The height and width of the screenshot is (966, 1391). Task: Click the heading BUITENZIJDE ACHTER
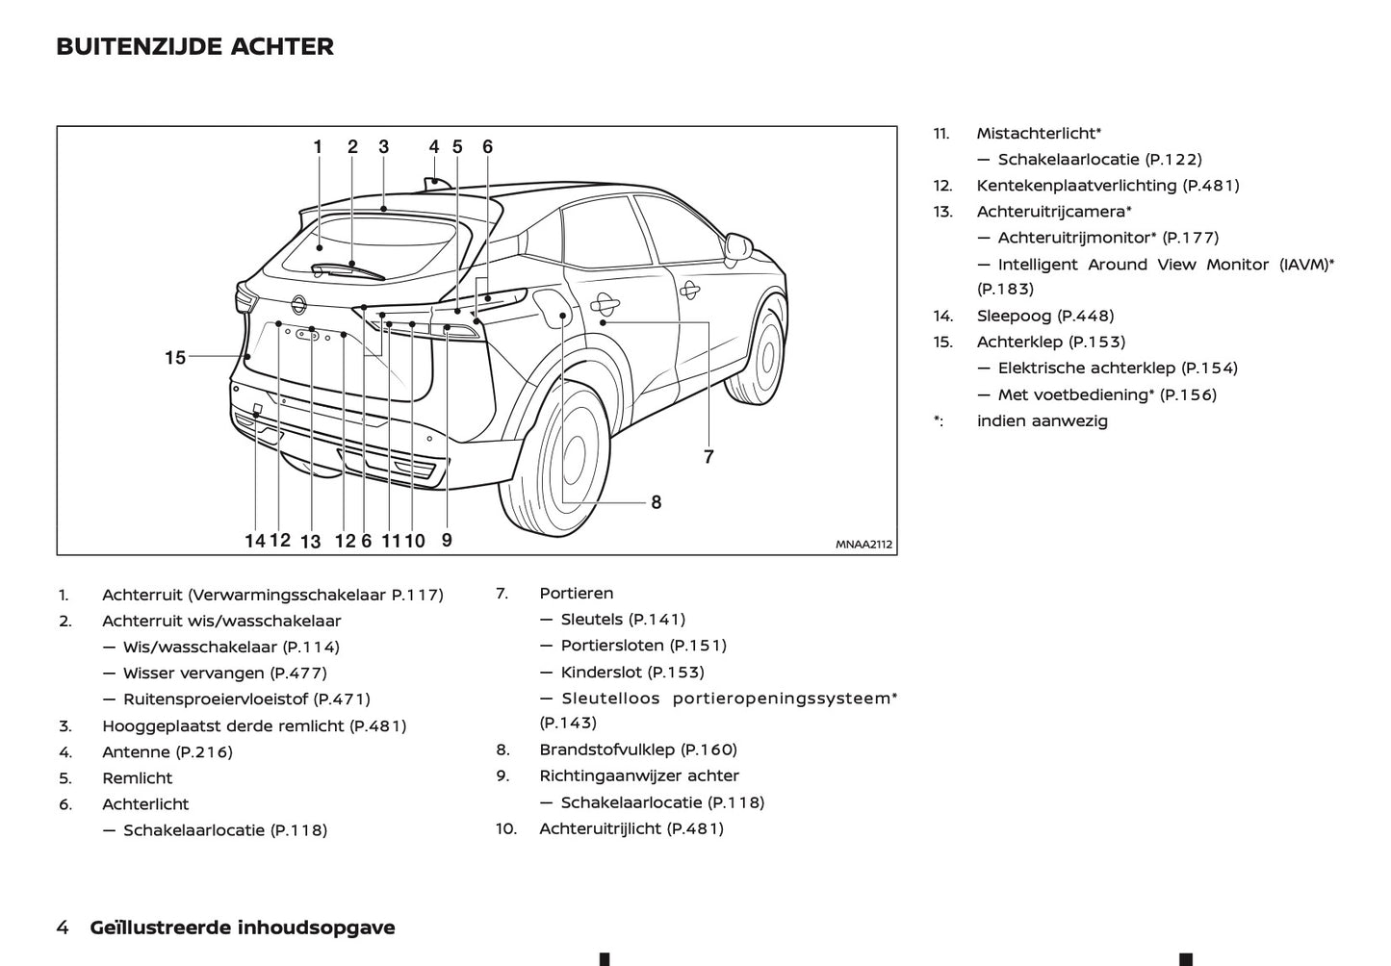coord(194,46)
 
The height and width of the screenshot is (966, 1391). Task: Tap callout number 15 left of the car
coord(175,358)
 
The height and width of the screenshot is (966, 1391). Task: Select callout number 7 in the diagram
coord(708,457)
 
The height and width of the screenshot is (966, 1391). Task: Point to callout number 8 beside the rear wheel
coord(657,502)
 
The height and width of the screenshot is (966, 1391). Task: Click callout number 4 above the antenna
coord(434,147)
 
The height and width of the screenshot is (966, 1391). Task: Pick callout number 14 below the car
coord(254,541)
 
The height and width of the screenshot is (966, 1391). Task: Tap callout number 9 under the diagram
coord(447,541)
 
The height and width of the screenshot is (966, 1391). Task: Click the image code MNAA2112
coord(863,545)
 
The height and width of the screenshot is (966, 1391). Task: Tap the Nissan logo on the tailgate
coord(298,304)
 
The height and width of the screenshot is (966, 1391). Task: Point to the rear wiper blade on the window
coord(348,270)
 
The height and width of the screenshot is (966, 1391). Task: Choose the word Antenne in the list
coord(134,752)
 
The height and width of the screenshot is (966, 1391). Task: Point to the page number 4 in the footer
coord(63,928)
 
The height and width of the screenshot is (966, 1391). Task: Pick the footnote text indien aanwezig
coord(1042,420)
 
